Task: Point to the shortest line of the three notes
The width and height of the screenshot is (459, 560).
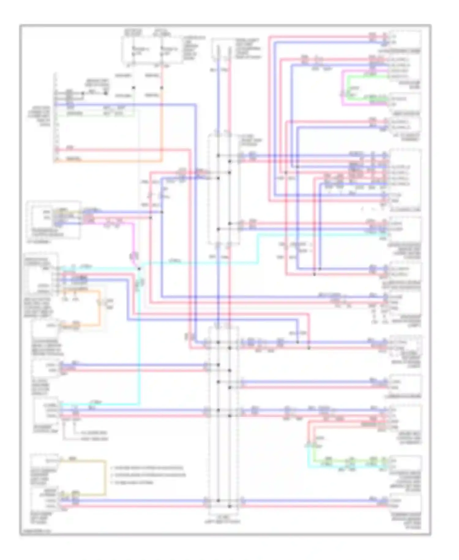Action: click(133, 482)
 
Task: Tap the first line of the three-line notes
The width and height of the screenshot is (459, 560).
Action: click(148, 468)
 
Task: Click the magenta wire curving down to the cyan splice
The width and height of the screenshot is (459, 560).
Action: click(133, 242)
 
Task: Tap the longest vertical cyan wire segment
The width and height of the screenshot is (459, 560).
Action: click(140, 337)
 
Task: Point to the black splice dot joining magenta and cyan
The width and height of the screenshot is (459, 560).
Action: click(139, 269)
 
